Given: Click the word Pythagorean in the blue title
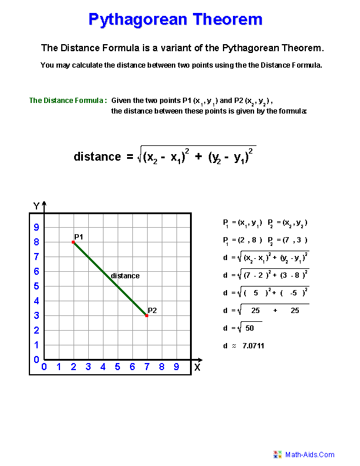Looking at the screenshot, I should click(x=139, y=19).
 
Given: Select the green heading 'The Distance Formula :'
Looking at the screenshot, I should click(x=68, y=101).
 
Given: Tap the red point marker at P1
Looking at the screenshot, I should click(x=74, y=242).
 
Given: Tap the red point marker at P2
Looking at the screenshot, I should click(x=146, y=315).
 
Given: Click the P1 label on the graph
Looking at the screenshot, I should click(x=78, y=237).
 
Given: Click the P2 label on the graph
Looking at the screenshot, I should click(x=152, y=310).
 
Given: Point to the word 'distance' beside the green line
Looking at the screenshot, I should click(x=125, y=275).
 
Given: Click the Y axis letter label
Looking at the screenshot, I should click(x=36, y=206).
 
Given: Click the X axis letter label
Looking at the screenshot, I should click(x=198, y=368).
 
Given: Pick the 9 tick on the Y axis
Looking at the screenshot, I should click(x=36, y=227).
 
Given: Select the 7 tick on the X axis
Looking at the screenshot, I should click(x=146, y=367).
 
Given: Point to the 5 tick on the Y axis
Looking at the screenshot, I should click(x=36, y=286).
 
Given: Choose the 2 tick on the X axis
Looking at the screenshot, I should click(x=74, y=367).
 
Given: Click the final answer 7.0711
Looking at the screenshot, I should click(x=253, y=345).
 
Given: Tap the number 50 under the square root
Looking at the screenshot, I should click(x=249, y=328).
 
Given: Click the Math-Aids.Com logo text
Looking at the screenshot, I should click(x=310, y=454).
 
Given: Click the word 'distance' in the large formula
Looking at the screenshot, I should click(x=97, y=157).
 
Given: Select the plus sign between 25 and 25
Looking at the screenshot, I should click(x=275, y=311).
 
